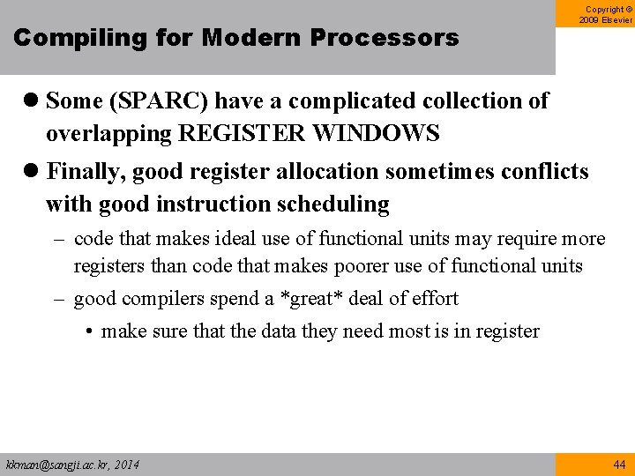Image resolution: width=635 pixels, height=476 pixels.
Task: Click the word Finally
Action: [x=84, y=171]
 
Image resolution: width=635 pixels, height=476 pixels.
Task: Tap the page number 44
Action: [x=617, y=464]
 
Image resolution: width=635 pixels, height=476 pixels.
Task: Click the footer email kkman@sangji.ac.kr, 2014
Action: [x=72, y=464]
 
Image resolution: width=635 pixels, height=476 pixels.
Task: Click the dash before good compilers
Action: [x=61, y=299]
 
